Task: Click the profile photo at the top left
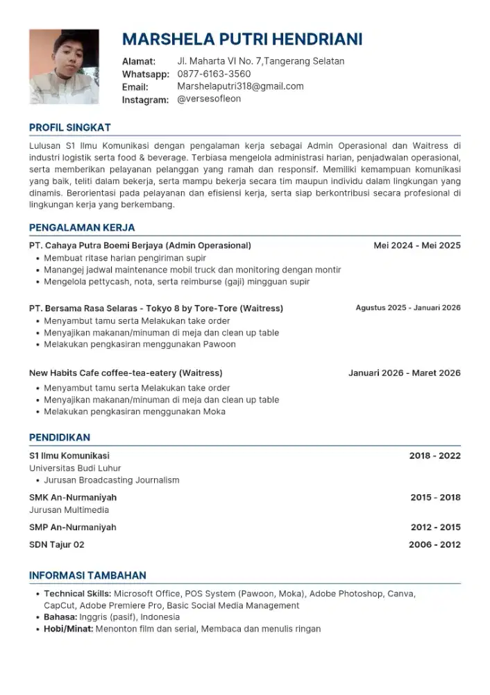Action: click(64, 66)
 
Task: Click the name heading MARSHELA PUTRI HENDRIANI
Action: click(242, 39)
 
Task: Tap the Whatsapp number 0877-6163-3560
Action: click(214, 74)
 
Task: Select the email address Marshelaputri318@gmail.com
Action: click(240, 86)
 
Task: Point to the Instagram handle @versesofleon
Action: click(209, 99)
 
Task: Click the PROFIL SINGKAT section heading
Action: click(69, 127)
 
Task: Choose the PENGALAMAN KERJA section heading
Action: click(82, 227)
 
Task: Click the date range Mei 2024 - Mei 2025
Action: click(417, 245)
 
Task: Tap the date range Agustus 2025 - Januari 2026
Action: click(408, 307)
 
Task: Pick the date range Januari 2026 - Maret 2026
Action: click(405, 373)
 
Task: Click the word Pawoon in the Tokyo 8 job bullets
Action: click(220, 344)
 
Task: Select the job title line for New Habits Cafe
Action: click(126, 373)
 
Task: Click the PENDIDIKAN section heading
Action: click(60, 437)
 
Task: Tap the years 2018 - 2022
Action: click(435, 456)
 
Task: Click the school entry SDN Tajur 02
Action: click(57, 545)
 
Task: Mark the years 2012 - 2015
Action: click(435, 528)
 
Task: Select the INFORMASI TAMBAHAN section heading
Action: click(87, 575)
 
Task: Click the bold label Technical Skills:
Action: click(77, 594)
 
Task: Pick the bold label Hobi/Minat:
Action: click(68, 629)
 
